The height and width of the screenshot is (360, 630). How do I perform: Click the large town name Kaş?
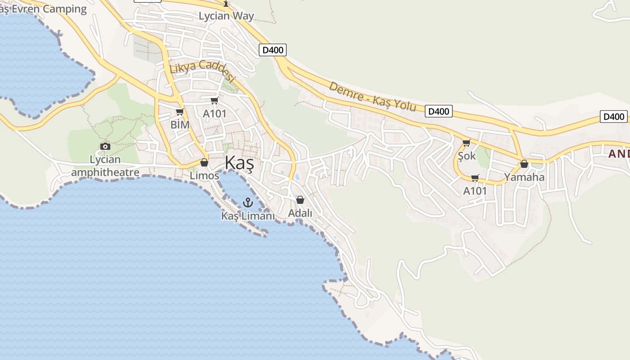tap(239, 163)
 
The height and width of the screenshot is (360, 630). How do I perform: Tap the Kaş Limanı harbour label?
tap(247, 216)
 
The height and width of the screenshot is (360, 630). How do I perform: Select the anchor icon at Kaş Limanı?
tap(247, 203)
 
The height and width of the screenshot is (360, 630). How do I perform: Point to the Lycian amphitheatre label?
tap(105, 166)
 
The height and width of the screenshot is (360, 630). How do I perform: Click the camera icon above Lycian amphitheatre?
tap(105, 146)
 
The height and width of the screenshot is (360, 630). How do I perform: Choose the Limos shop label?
tap(204, 175)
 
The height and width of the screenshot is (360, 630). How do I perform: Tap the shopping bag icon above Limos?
tap(204, 162)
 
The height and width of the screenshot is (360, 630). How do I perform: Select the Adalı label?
tap(300, 213)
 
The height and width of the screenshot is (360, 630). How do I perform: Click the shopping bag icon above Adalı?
tap(300, 200)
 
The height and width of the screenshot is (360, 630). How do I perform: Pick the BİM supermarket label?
tap(180, 125)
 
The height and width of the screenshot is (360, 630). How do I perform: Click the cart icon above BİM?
tap(180, 112)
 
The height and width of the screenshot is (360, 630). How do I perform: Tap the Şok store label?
tap(467, 156)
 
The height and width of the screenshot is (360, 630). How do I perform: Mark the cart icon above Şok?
tap(467, 143)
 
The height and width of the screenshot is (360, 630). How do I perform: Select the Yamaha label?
tap(524, 177)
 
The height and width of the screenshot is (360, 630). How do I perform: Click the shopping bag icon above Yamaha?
tap(524, 164)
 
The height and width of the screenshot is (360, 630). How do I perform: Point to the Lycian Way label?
tap(226, 16)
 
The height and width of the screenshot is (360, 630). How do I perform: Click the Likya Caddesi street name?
tap(202, 71)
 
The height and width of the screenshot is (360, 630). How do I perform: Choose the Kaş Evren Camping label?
tap(43, 9)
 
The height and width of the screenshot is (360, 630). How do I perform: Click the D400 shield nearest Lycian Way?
tap(273, 50)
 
